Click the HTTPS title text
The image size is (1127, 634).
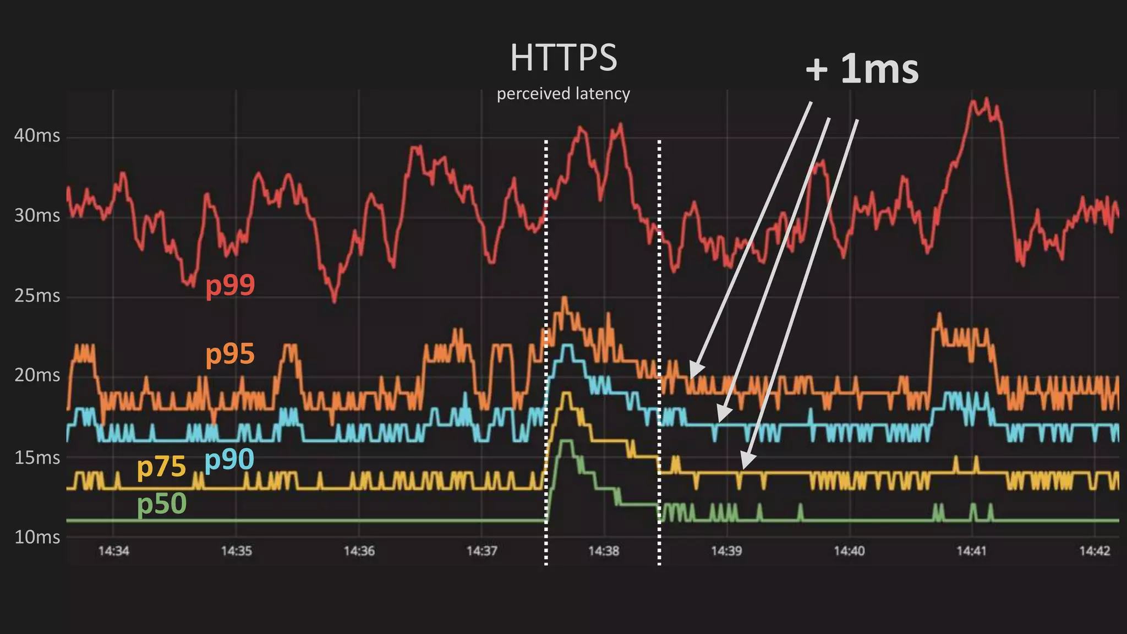[563, 58]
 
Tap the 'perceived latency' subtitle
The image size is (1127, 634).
[563, 94]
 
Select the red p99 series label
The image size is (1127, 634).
[230, 285]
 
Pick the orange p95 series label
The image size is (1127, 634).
[230, 354]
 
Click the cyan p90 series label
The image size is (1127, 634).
[229, 459]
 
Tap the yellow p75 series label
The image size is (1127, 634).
[161, 467]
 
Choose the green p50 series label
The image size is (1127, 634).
[162, 503]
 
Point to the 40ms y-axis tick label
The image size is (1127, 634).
[37, 135]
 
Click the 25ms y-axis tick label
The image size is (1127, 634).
[37, 296]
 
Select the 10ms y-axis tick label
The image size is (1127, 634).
[37, 537]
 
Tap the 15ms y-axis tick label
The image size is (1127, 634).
[37, 457]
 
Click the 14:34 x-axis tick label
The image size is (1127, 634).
[113, 551]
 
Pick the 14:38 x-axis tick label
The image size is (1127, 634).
[604, 551]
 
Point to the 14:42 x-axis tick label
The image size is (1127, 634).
[1095, 551]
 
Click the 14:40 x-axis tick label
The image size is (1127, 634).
[849, 551]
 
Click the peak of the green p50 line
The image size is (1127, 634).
[566, 441]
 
